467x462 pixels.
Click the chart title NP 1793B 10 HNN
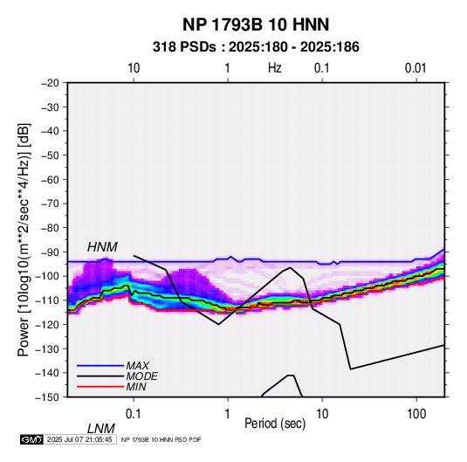tap(256, 24)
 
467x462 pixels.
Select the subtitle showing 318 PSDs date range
tap(256, 47)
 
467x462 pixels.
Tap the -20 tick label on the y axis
tap(50, 83)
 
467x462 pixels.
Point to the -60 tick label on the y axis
tap(50, 179)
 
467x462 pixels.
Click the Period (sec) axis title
tap(275, 424)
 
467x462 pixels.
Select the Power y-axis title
tap(24, 239)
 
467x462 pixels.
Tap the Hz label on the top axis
tap(275, 68)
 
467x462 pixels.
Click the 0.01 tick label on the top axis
tap(415, 68)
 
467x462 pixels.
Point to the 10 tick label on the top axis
tap(134, 68)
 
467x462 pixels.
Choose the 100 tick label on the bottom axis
tap(416, 414)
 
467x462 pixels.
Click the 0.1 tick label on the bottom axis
tap(134, 414)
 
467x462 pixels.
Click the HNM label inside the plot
tap(102, 247)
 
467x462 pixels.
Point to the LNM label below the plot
tap(100, 429)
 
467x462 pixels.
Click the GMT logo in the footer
tap(32, 439)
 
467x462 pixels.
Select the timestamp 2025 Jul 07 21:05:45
tap(79, 439)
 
